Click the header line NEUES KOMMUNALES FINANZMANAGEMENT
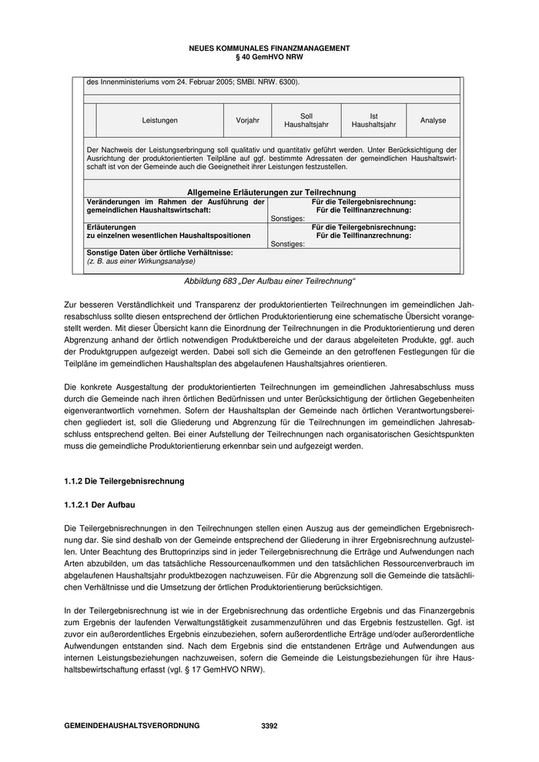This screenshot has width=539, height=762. coord(269,48)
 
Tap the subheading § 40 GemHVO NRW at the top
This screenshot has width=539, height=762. coord(269,57)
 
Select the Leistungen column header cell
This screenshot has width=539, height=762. coord(160,121)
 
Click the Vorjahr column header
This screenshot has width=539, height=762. coord(247,121)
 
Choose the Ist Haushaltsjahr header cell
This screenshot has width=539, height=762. coord(373,121)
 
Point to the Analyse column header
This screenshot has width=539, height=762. coord(433,121)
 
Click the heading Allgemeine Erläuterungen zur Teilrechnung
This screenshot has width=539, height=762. coord(271,192)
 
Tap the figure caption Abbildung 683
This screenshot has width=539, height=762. coord(269,282)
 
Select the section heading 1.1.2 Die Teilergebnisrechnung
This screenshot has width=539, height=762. coord(124,482)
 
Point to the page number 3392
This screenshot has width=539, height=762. coord(269,726)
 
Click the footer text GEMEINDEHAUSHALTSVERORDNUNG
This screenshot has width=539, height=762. coord(132,726)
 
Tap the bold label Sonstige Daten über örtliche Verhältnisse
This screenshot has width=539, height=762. coord(159,252)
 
